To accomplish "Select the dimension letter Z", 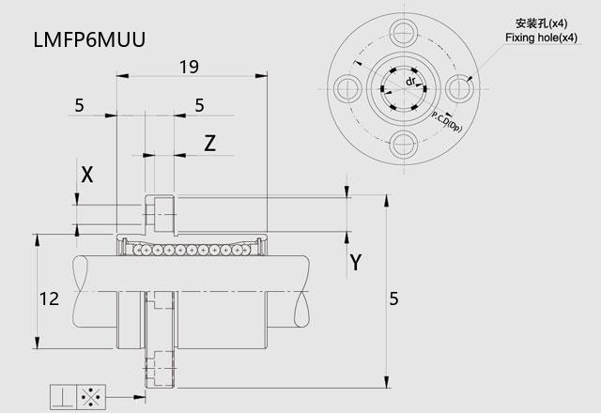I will [x=210, y=143].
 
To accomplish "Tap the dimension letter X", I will [x=87, y=174].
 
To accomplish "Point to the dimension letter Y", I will [x=355, y=262].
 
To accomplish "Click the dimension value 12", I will [x=51, y=298].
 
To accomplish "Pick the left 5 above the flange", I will [x=79, y=106].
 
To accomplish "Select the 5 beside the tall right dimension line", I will [x=393, y=298].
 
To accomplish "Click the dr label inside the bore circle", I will [x=410, y=82].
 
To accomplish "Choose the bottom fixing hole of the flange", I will [x=404, y=143].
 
